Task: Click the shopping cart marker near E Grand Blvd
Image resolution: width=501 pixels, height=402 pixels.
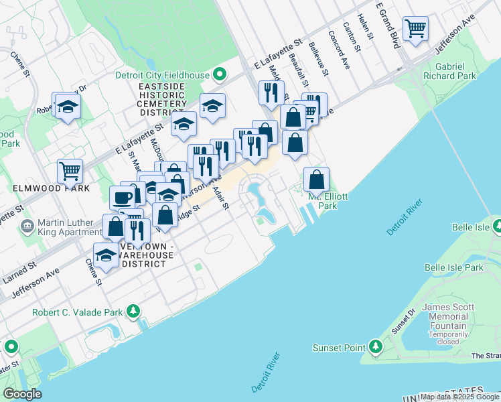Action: click(416, 29)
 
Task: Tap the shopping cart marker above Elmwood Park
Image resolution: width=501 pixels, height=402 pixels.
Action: click(70, 171)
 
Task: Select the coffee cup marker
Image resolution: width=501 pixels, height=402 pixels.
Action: click(123, 198)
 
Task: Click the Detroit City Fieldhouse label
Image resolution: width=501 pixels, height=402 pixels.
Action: click(162, 76)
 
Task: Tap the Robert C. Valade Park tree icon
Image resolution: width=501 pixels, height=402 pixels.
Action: click(134, 312)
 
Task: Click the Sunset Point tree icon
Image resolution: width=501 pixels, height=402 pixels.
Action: click(376, 347)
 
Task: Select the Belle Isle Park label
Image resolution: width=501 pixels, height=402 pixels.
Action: click(453, 267)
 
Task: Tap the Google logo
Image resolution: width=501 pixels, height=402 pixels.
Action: click(22, 393)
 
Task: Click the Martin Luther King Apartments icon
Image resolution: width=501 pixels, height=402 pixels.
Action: click(27, 226)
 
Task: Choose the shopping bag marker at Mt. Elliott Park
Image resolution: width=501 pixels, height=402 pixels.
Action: click(317, 179)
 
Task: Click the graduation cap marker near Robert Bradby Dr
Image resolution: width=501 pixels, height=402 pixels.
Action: click(68, 106)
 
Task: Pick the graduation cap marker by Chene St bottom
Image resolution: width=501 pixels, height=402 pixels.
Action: click(105, 255)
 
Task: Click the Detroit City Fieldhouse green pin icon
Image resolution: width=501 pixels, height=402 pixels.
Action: click(218, 75)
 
